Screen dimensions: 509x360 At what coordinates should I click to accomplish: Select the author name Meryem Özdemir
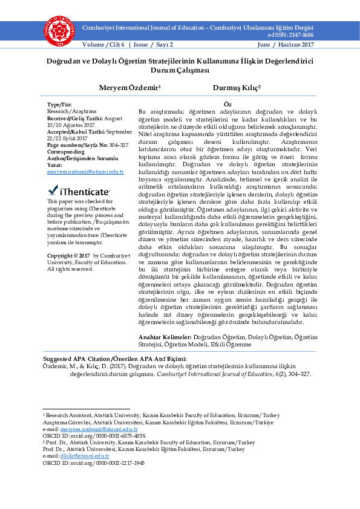pyautogui.click(x=129, y=88)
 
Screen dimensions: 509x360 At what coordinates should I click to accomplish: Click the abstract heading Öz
pyautogui.click(x=227, y=105)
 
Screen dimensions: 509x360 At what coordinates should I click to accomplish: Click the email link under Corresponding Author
pyautogui.click(x=85, y=172)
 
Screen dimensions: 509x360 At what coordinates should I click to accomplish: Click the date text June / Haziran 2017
pyautogui.click(x=286, y=45)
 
